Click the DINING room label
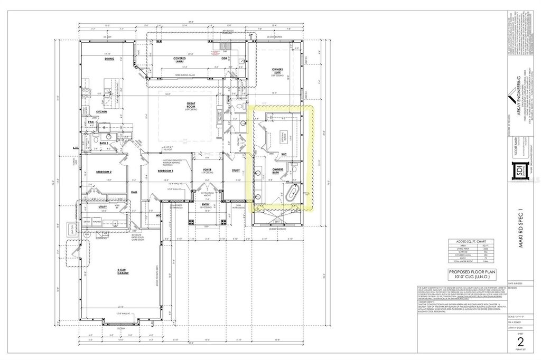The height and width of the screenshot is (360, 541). (x=109, y=59)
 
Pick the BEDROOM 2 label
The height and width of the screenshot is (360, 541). (x=104, y=172)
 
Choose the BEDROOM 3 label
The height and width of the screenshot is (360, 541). (x=165, y=172)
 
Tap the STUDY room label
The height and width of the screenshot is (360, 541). (x=236, y=170)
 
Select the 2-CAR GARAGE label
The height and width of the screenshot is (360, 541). (x=124, y=271)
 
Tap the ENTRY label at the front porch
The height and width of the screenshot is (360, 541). (x=205, y=205)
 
